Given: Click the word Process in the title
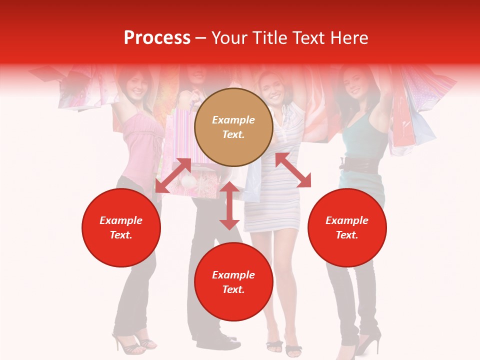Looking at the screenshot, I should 157,38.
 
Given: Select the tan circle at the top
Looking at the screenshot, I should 233,127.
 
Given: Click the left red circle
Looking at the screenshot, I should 121,227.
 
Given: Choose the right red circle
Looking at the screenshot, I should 347,227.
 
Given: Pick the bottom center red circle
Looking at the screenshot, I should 233,282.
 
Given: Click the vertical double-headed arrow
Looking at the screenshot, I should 229,206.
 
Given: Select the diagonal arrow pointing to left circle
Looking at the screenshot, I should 173,175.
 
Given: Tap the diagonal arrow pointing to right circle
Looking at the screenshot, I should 293,170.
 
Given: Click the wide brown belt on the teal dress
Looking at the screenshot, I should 358,165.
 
